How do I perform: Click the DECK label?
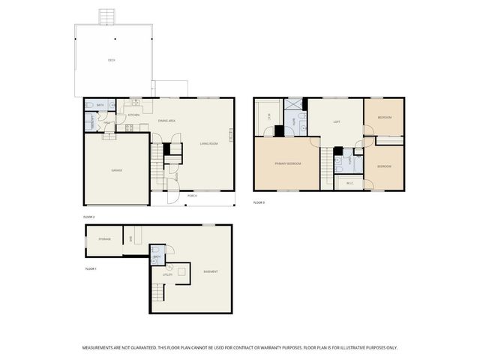pyautogui.click(x=111, y=59)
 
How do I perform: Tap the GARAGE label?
pyautogui.click(x=116, y=170)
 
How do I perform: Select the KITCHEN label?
pyautogui.click(x=133, y=115)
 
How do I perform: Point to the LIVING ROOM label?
pyautogui.click(x=208, y=143)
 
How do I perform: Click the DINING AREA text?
pyautogui.click(x=166, y=121)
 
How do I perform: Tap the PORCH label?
pyautogui.click(x=193, y=196)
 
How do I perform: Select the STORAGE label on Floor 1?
pyautogui.click(x=105, y=239)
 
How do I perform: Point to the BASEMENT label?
pyautogui.click(x=210, y=271)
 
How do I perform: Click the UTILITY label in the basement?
pyautogui.click(x=168, y=274)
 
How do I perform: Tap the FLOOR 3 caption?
pyautogui.click(x=259, y=202)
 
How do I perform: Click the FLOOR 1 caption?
pyautogui.click(x=91, y=268)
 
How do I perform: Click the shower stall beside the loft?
pyautogui.click(x=294, y=106)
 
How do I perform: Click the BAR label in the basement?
pyautogui.click(x=131, y=238)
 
